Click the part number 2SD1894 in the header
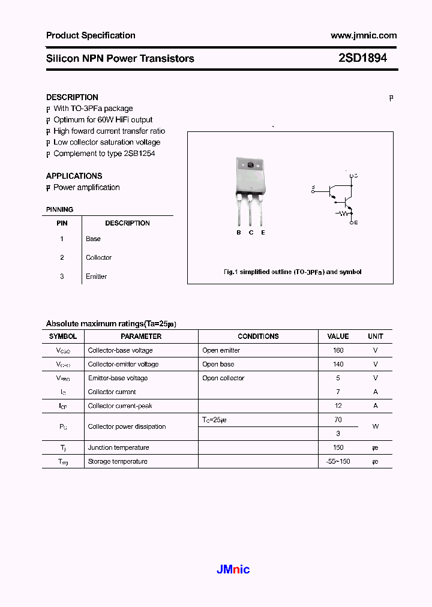pyautogui.click(x=362, y=59)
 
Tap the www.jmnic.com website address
pyautogui.click(x=364, y=35)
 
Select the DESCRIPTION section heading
pyautogui.click(x=72, y=97)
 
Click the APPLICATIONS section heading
pyautogui.click(x=74, y=176)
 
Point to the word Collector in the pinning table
pyautogui.click(x=98, y=257)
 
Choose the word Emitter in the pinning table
pyautogui.click(x=96, y=277)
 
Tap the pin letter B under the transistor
pyautogui.click(x=238, y=233)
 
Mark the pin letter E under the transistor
pyautogui.click(x=263, y=233)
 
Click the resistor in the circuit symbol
pyautogui.click(x=343, y=212)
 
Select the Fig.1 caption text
pyautogui.click(x=292, y=272)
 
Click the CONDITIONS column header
pyautogui.click(x=258, y=336)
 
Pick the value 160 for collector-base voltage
pyautogui.click(x=338, y=350)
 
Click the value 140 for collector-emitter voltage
pyautogui.click(x=338, y=364)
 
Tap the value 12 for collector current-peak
pyautogui.click(x=338, y=405)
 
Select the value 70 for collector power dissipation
pyautogui.click(x=338, y=419)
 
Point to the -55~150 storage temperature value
pyautogui.click(x=338, y=461)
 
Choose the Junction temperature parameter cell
pyautogui.click(x=118, y=447)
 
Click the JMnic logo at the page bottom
pyautogui.click(x=233, y=569)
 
